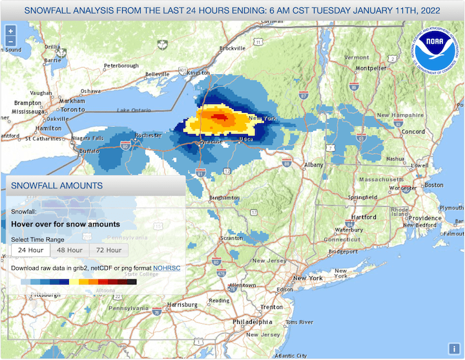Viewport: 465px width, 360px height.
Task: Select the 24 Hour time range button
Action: tap(31, 250)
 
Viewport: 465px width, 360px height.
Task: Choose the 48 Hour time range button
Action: tap(70, 250)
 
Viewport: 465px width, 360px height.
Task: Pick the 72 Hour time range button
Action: tap(108, 250)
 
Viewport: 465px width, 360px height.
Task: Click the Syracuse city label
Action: tap(212, 141)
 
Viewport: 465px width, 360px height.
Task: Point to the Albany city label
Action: tap(314, 165)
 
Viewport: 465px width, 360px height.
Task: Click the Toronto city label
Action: tap(73, 110)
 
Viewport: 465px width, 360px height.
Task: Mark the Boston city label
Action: tap(434, 185)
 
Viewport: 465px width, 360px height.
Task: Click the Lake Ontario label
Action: tap(132, 111)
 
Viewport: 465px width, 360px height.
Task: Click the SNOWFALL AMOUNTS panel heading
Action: tap(57, 186)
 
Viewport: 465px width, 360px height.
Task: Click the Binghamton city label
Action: tap(224, 197)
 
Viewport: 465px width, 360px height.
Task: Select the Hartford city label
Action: tap(364, 217)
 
